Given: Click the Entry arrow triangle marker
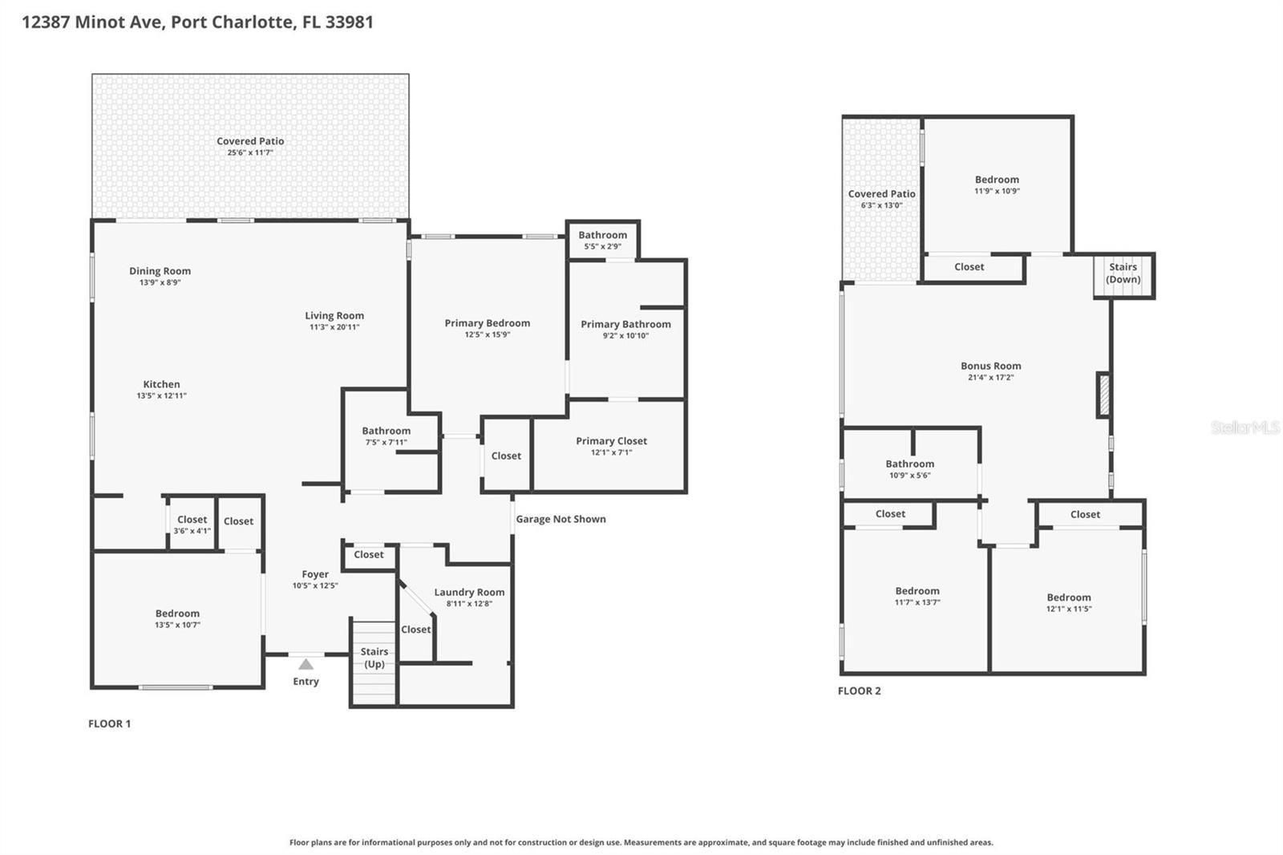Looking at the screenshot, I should (306, 664).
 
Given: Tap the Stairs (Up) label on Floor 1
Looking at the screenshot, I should (374, 658).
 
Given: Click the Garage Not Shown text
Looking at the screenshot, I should (561, 519).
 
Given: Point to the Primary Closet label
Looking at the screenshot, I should (611, 441).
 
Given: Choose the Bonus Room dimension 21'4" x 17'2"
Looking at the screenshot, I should (990, 377).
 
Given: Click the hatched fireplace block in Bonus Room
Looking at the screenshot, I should (1104, 395).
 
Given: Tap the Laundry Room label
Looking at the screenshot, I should (469, 592).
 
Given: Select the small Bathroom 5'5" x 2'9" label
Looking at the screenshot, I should (602, 235).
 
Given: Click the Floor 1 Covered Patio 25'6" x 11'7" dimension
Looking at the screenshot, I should (250, 152).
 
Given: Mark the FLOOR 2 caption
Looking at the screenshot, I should (859, 691).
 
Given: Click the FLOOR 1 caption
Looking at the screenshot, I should (109, 723).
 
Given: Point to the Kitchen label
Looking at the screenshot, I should (161, 384).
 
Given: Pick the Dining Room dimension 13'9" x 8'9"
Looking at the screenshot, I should (160, 282).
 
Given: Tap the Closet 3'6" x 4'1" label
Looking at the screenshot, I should (192, 520).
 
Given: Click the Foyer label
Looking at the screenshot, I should (315, 574).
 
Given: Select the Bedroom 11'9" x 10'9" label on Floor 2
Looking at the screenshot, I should (997, 180).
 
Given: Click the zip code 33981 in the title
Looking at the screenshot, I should (349, 22).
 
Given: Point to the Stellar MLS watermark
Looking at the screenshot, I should (1245, 427).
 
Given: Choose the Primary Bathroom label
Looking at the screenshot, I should (625, 324).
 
